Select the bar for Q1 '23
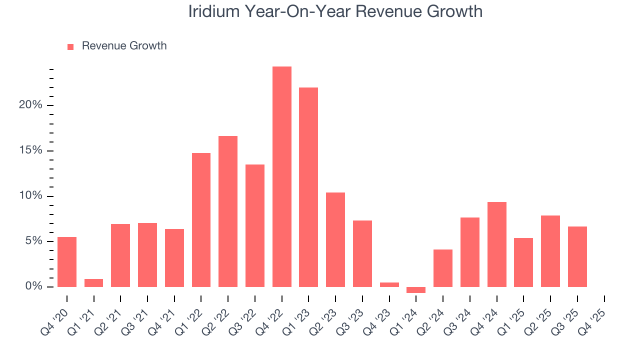coord(308,187)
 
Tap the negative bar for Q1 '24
coord(416,290)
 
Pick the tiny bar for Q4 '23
coord(389,284)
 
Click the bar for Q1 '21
coord(93,283)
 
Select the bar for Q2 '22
coord(228,211)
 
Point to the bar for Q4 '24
coord(497,244)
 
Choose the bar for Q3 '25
coord(577,256)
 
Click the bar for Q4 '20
coord(67,261)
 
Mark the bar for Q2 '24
coord(443,268)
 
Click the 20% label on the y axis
coord(30,105)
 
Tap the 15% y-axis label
coord(30,151)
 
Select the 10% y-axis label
coord(30,196)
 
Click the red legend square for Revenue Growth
coord(70,46)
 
